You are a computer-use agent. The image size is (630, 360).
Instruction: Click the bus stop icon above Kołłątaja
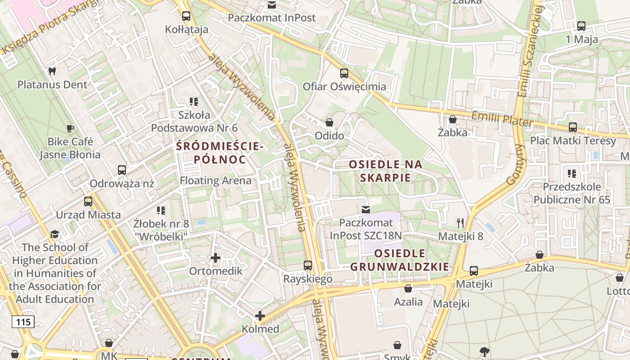click(x=186, y=16)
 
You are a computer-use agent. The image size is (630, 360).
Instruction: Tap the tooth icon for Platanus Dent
click(x=52, y=71)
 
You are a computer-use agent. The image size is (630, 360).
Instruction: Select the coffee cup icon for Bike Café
click(x=70, y=128)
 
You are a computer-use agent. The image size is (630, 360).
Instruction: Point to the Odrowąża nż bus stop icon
click(x=122, y=170)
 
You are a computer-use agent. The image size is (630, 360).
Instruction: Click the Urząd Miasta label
click(x=88, y=215)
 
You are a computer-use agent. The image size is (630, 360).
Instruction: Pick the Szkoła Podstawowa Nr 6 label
click(x=194, y=121)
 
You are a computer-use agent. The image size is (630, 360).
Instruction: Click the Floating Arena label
click(x=216, y=181)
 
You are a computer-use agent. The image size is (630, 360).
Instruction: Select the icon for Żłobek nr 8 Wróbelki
click(x=161, y=210)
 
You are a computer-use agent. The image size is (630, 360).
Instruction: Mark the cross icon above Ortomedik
click(x=216, y=258)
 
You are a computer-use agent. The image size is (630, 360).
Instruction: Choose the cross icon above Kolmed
click(x=260, y=316)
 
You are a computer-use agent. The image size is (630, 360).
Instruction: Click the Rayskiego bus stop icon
click(x=308, y=265)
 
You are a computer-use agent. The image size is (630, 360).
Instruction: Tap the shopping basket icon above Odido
click(x=329, y=122)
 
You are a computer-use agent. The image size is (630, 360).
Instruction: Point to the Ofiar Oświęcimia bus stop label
click(x=344, y=86)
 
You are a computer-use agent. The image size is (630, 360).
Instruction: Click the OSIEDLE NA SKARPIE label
click(x=386, y=171)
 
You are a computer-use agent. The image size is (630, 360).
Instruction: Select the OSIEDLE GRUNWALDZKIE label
click(x=400, y=260)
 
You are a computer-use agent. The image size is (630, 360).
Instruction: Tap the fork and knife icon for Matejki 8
click(x=460, y=223)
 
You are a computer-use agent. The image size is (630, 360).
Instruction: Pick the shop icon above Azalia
click(x=408, y=288)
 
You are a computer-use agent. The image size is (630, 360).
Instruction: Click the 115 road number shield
click(x=23, y=322)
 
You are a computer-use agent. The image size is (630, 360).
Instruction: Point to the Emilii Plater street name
click(x=502, y=119)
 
